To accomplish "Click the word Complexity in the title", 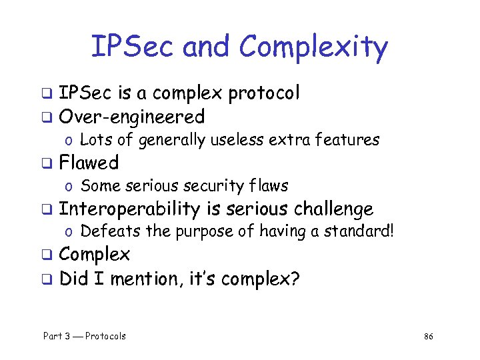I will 313,47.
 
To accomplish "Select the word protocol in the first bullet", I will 264,94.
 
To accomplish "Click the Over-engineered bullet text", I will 132,117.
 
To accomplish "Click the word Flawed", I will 89,163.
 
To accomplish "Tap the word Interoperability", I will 129,209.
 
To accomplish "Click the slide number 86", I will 429,337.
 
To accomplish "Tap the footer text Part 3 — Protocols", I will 85,336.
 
